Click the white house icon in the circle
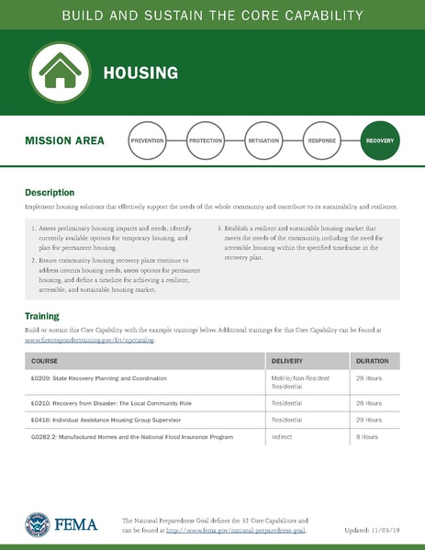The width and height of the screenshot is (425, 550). pyautogui.click(x=59, y=72)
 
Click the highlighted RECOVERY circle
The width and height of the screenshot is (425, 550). pyautogui.click(x=379, y=141)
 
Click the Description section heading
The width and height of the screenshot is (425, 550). pyautogui.click(x=50, y=193)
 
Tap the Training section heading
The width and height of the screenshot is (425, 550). pyautogui.click(x=42, y=317)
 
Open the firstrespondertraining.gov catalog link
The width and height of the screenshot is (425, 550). pyautogui.click(x=90, y=340)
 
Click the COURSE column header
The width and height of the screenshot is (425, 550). pyautogui.click(x=45, y=361)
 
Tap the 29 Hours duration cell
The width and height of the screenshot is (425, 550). pyautogui.click(x=368, y=420)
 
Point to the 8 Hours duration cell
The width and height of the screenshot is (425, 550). pyautogui.click(x=366, y=436)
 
